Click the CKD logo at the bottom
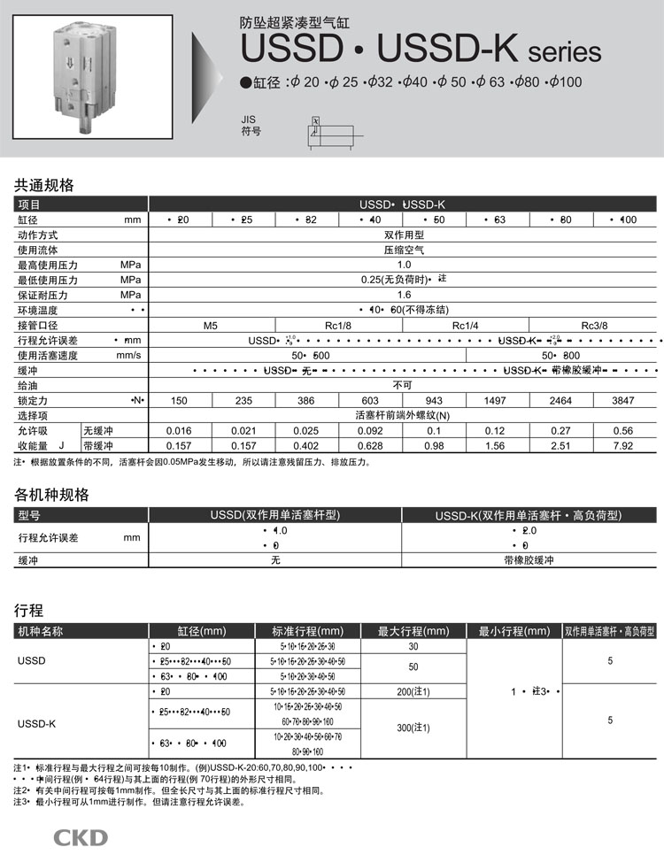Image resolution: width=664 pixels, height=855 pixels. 81,837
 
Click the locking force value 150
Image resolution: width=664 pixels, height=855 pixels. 179,400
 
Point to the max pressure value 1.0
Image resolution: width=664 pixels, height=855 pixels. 404,265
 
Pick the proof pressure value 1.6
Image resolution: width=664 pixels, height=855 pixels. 404,295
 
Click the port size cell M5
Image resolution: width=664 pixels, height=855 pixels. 210,325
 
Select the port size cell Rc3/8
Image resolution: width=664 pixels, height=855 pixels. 594,325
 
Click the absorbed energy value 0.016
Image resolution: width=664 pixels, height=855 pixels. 179,430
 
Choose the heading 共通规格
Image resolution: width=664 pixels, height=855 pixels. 43,186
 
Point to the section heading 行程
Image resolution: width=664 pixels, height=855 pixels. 28,611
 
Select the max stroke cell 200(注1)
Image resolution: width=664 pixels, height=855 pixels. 413,691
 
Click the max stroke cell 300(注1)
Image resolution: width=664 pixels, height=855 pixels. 413,728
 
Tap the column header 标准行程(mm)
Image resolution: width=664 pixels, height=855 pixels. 306,631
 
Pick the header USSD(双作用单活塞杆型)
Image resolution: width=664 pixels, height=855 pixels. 274,515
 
